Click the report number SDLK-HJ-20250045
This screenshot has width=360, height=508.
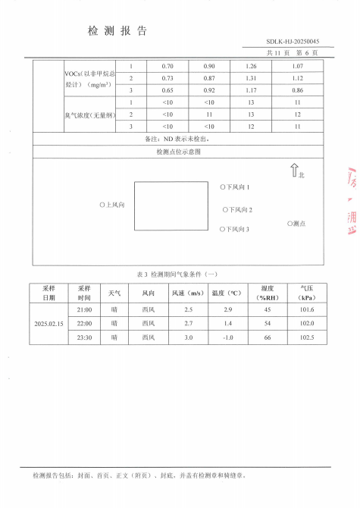(293, 41)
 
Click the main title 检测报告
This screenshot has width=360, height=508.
(117, 31)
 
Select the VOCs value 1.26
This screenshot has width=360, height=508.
(253, 66)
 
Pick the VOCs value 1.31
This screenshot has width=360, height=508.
(253, 78)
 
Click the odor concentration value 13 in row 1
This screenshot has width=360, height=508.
(253, 102)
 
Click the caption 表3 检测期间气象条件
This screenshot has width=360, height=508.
(179, 273)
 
